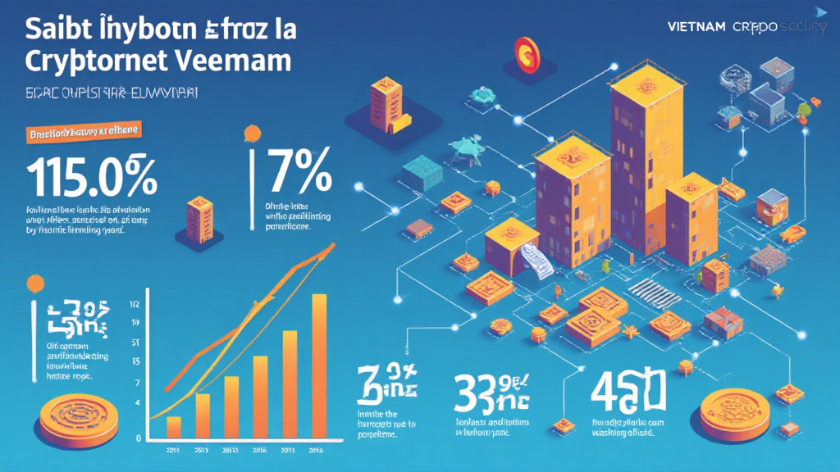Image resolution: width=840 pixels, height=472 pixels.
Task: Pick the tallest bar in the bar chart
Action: [320, 365]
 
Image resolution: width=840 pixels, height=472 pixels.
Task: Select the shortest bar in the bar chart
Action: [173, 426]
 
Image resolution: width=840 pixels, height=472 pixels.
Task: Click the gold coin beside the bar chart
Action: [74, 413]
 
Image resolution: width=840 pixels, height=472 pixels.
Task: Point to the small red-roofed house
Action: [722, 322]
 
